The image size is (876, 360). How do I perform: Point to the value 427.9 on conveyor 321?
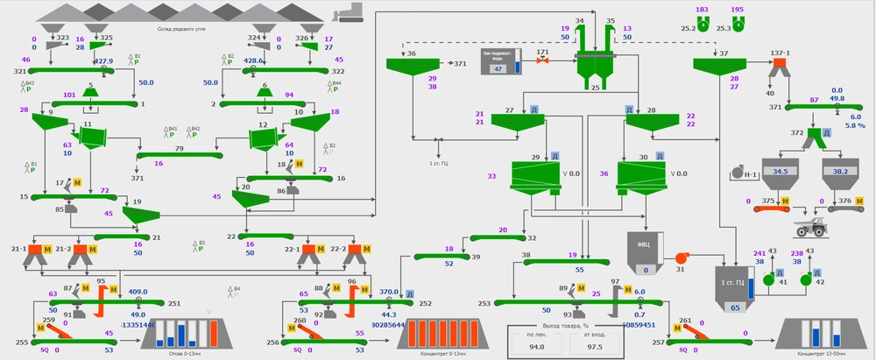(104, 61)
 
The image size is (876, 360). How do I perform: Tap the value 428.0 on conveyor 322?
(254, 61)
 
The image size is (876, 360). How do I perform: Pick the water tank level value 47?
(498, 68)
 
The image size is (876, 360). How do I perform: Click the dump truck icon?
(811, 228)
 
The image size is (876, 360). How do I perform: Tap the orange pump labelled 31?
(680, 258)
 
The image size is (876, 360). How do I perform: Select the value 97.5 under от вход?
(596, 348)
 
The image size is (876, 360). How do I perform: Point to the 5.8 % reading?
(855, 125)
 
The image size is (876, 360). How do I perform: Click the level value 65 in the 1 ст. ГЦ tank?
(734, 308)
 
